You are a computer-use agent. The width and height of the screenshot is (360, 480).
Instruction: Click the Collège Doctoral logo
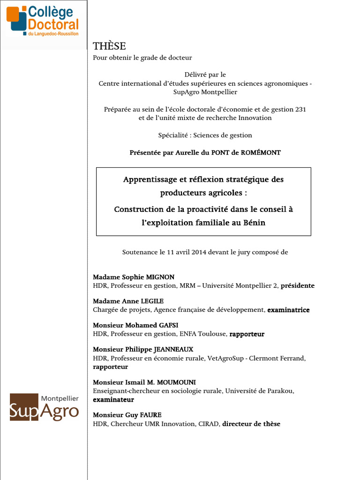(x=43, y=21)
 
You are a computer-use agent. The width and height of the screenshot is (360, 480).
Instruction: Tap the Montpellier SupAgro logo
(x=45, y=407)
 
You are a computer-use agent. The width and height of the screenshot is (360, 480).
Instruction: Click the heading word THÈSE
(x=109, y=45)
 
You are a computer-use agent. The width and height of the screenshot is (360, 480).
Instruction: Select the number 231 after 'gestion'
(x=300, y=109)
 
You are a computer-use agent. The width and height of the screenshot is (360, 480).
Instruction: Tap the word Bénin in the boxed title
(x=254, y=223)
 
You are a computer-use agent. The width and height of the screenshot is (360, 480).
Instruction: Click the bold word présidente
(x=297, y=285)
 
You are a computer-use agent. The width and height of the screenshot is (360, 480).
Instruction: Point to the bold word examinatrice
(x=288, y=310)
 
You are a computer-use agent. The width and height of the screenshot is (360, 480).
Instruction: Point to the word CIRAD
(x=208, y=424)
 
